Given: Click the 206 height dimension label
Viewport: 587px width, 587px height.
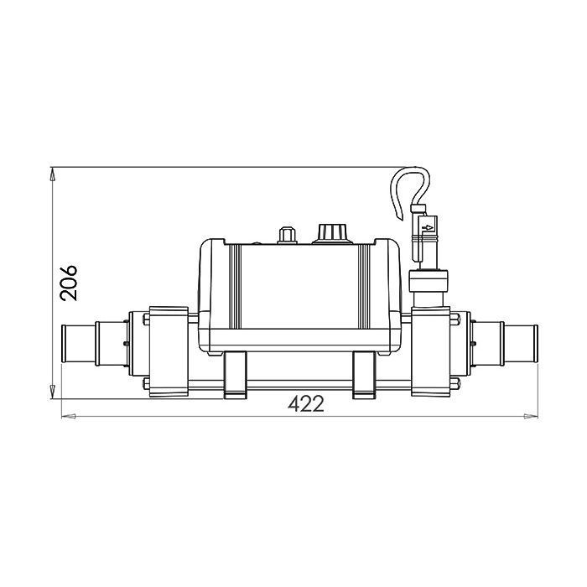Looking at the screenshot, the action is point(69,283).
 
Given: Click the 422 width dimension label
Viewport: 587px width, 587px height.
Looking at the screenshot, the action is point(306,404).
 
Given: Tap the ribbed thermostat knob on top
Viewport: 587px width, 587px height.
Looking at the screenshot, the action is point(333,234).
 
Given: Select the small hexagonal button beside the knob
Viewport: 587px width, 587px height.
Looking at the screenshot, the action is point(287,236).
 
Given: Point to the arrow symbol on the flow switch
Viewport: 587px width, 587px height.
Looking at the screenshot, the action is point(427,227).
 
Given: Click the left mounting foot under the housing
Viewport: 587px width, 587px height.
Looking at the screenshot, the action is point(235,375).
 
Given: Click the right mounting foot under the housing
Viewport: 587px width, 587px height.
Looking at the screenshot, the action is point(364,375).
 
